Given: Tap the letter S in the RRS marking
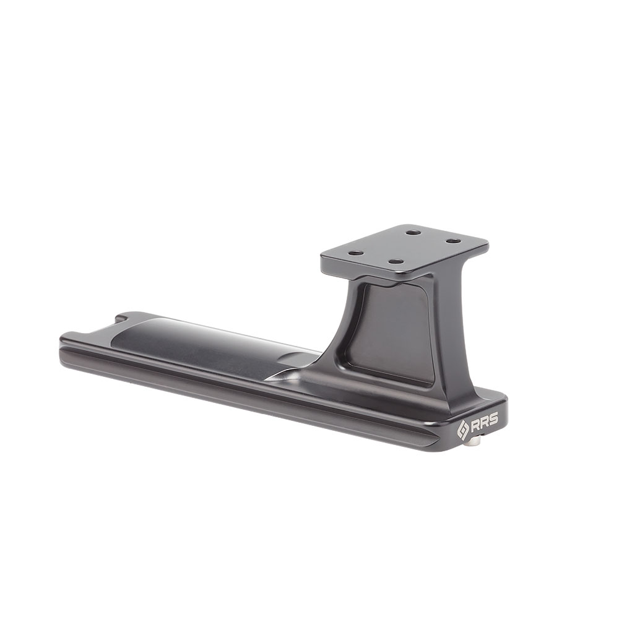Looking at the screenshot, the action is coord(492,418).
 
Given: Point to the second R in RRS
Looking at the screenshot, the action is coord(483,421).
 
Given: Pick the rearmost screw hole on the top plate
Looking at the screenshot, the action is coord(413,233).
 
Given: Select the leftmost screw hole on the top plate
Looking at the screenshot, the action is coord(357,253).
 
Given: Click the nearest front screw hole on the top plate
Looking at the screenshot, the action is coord(395,261).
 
